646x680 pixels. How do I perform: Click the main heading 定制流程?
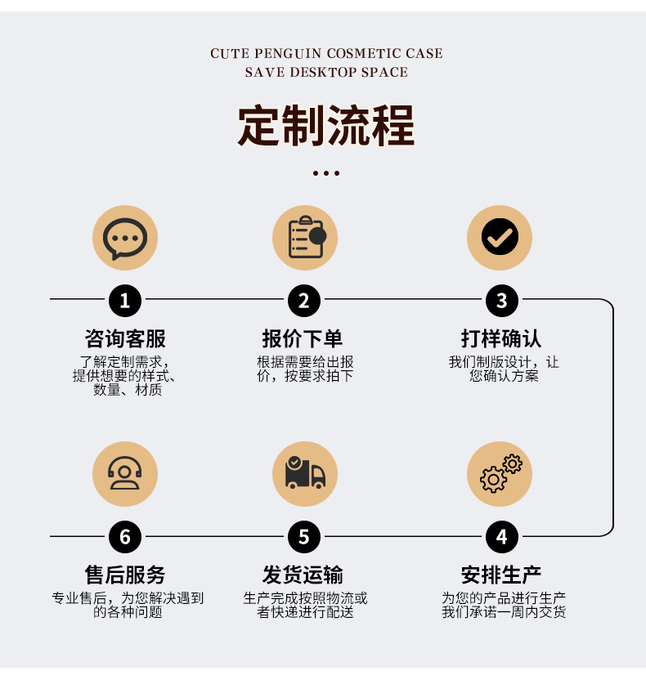point(326,126)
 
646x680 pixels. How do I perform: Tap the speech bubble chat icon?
point(124,238)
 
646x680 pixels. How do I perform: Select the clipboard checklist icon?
point(304,238)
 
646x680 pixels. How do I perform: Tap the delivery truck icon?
point(304,474)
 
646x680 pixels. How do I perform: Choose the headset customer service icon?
point(124,474)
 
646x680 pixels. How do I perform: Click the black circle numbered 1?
point(124,300)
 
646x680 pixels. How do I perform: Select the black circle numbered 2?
point(304,300)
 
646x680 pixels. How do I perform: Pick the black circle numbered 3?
point(501,300)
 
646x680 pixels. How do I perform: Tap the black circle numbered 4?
point(501,536)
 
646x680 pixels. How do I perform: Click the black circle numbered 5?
point(304,536)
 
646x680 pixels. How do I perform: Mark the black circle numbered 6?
point(124,536)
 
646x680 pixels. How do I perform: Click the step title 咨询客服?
point(125,338)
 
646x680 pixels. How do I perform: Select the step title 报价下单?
point(303,338)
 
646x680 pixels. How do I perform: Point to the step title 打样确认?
point(501,338)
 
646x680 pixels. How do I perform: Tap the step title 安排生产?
point(501,575)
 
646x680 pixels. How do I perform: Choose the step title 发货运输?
point(303,575)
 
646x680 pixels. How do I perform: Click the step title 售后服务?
point(125,575)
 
